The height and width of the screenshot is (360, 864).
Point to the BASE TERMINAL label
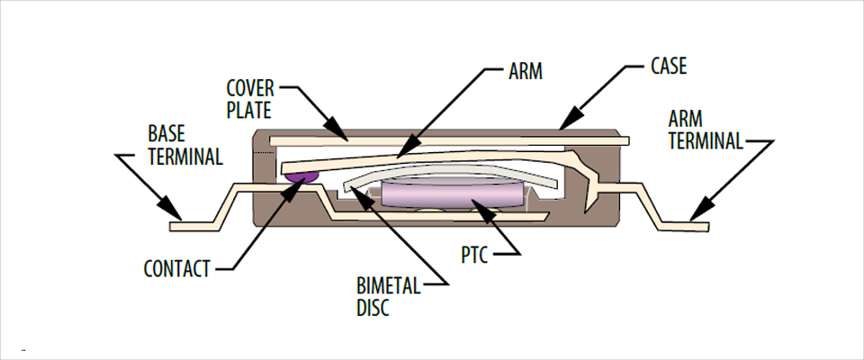click(184, 144)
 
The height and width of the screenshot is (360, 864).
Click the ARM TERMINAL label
click(706, 130)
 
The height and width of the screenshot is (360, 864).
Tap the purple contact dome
click(301, 177)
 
